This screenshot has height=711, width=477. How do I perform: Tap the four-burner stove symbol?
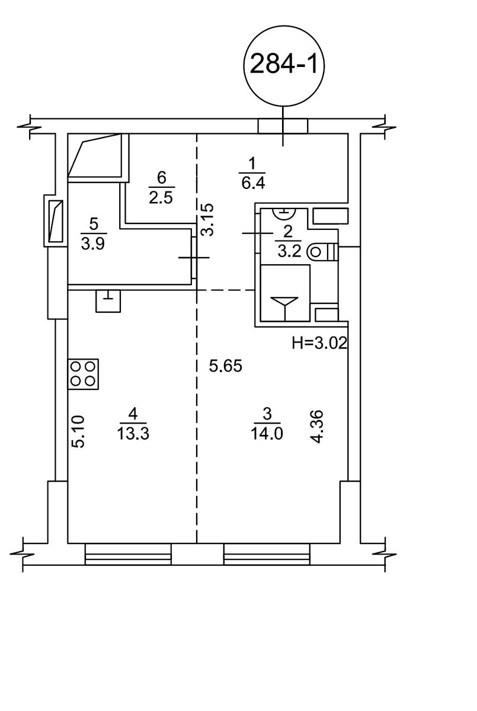[x=83, y=374]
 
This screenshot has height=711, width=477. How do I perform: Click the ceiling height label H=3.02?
[x=319, y=343]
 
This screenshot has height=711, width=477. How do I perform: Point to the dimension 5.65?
[x=226, y=366]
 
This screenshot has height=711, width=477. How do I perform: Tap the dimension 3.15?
[x=208, y=219]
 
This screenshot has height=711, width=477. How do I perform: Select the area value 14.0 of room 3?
[x=267, y=433]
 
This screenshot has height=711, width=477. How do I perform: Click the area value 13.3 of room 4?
[x=133, y=433]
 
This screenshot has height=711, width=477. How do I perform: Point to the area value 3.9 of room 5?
[x=93, y=244]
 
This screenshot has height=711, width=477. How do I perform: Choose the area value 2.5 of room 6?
[x=161, y=198]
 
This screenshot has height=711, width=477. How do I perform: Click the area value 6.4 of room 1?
[x=253, y=184]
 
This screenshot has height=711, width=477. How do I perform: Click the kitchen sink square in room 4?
[x=108, y=301]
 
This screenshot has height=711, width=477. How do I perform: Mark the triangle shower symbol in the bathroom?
[x=284, y=306]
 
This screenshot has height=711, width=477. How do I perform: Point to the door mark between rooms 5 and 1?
[x=194, y=257]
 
